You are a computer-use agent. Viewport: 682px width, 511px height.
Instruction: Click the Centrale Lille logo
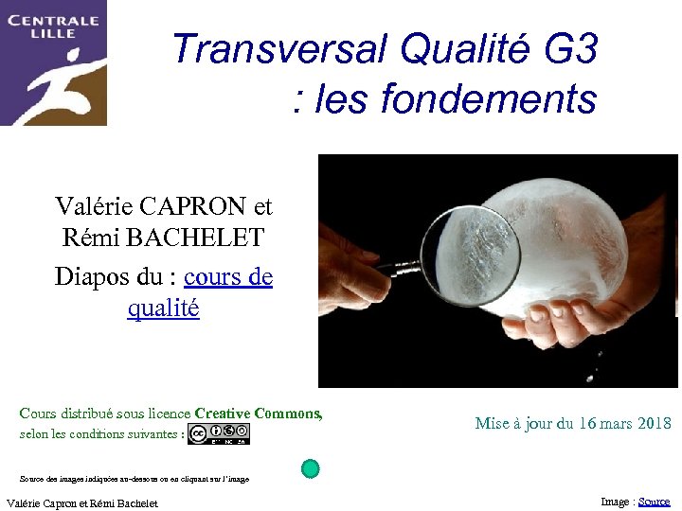(x=53, y=62)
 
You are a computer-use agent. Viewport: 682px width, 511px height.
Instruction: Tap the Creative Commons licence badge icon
(x=219, y=434)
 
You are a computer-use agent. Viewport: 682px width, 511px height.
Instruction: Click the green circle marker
(x=310, y=467)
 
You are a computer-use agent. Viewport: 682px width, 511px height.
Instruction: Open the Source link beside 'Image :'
(x=655, y=502)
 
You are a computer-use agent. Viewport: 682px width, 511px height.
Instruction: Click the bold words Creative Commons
(x=258, y=414)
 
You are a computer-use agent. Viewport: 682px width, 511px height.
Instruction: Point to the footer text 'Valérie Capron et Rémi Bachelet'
(x=81, y=503)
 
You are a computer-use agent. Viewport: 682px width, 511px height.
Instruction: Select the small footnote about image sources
(x=134, y=479)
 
